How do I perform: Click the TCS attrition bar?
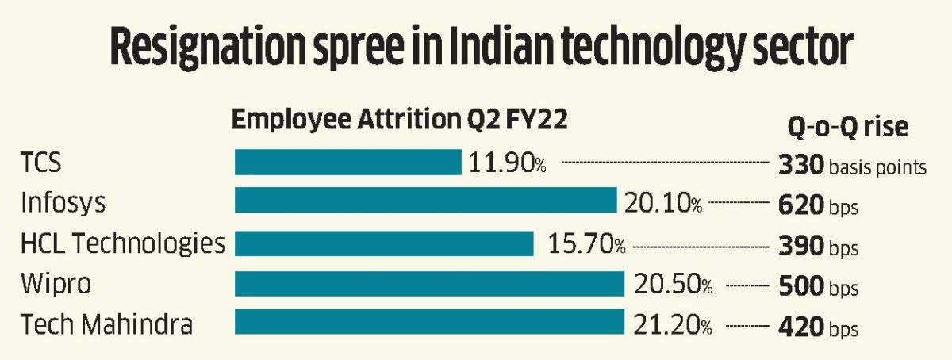347,163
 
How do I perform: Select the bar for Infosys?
425,201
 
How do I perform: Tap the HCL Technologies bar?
384,243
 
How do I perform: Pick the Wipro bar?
429,285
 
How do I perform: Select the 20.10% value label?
663,204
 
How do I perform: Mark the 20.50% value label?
674,285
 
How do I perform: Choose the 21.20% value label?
674,325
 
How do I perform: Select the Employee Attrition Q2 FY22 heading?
401,121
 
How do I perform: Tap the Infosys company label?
63,204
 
